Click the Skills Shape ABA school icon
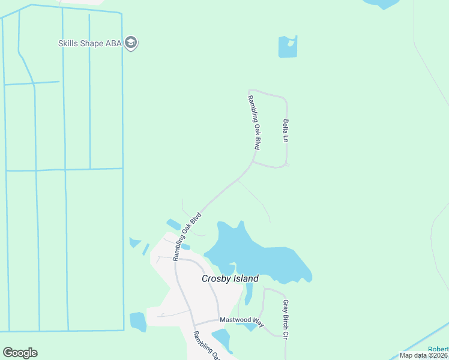pyautogui.click(x=132, y=43)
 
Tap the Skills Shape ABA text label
pyautogui.click(x=90, y=43)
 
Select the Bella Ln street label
pyautogui.click(x=286, y=130)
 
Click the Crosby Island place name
pyautogui.click(x=230, y=278)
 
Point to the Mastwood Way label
pyautogui.click(x=242, y=321)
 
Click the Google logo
pyautogui.click(x=20, y=352)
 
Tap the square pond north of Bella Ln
pyautogui.click(x=287, y=47)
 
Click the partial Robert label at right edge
pyautogui.click(x=438, y=349)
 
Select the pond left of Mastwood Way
pyautogui.click(x=137, y=322)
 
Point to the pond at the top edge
pyautogui.click(x=381, y=4)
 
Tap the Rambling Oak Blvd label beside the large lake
pyautogui.click(x=186, y=235)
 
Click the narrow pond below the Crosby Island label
pyautogui.click(x=249, y=294)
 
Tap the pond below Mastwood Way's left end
pyautogui.click(x=222, y=340)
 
